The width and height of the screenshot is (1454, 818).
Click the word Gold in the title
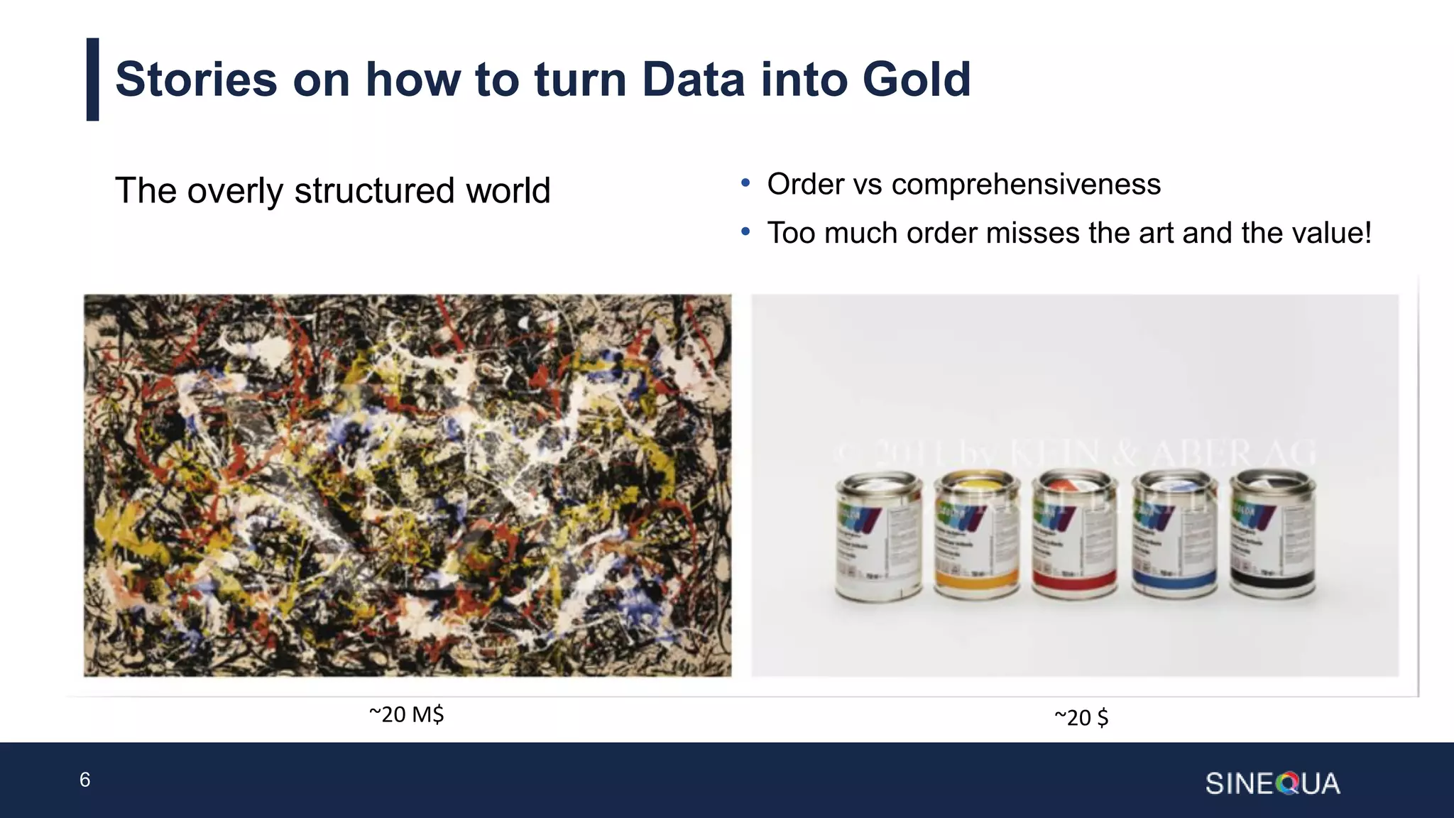[x=916, y=79]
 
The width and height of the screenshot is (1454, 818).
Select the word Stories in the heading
[x=196, y=79]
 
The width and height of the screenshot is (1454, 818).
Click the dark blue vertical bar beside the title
[x=92, y=80]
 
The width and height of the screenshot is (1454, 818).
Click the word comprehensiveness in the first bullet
[x=1026, y=185]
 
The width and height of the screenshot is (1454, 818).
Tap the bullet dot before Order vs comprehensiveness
[x=745, y=183]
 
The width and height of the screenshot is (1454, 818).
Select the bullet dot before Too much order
[x=745, y=231]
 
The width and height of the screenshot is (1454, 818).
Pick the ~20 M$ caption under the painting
[x=406, y=714]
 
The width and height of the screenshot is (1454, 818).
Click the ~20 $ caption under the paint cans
[x=1081, y=717]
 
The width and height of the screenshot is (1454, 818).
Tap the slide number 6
[x=84, y=780]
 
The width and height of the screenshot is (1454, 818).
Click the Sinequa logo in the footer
[x=1272, y=783]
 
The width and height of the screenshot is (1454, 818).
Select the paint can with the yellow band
[x=976, y=536]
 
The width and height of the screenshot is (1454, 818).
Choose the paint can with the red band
[x=1074, y=536]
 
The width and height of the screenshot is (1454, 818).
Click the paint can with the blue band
[x=1174, y=536]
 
